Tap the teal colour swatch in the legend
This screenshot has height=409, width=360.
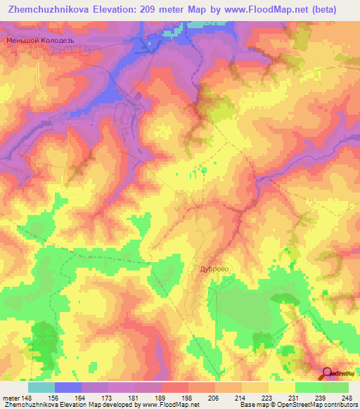click(41, 387)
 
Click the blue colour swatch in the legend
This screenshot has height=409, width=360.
click(68, 387)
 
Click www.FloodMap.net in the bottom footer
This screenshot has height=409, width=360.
click(164, 405)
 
